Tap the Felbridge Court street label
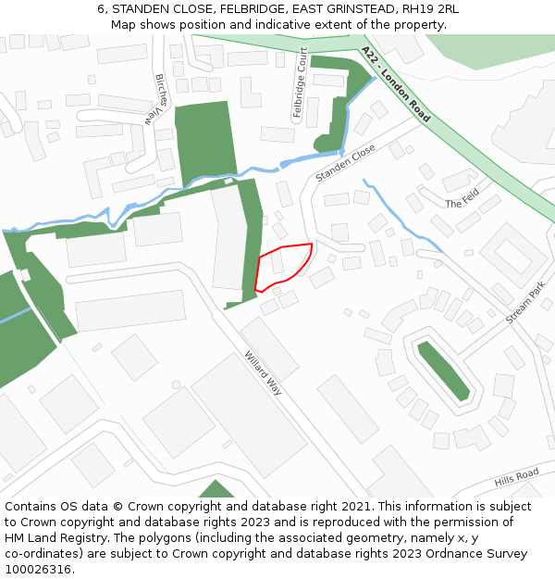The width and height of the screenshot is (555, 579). tap(299, 83)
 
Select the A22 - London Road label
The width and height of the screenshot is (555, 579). tap(396, 84)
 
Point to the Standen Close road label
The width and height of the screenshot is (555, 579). tap(345, 162)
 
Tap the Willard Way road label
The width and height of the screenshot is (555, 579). tap(263, 371)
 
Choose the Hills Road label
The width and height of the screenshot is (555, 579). tap(516, 476)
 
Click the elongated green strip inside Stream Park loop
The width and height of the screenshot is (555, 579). tap(443, 370)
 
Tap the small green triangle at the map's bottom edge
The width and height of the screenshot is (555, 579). tap(217, 489)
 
